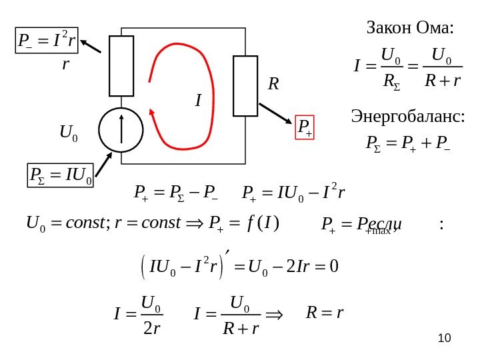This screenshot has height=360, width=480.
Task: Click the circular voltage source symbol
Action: (121, 129)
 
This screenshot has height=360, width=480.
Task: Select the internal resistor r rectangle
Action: (121, 66)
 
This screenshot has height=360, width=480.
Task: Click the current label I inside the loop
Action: (197, 101)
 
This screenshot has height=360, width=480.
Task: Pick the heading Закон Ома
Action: (410, 28)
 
